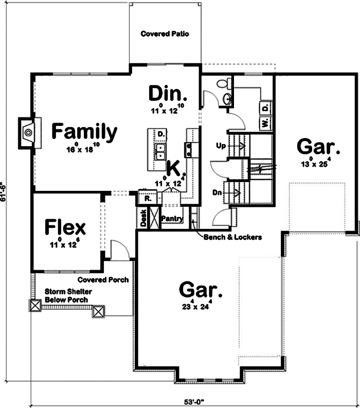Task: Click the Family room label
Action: tap(84, 132)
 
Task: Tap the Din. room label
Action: tap(167, 94)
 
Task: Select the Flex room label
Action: tap(65, 226)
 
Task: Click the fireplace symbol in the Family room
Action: tap(28, 132)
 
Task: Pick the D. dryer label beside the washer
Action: tap(265, 108)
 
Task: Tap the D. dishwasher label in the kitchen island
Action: tap(161, 134)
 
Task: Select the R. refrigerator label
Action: tap(147, 198)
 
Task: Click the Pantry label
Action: tap(172, 219)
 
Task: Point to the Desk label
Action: tap(143, 218)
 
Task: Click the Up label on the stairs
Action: tap(222, 146)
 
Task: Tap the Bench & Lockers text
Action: tap(233, 237)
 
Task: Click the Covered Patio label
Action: tap(165, 34)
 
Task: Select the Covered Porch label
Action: tap(103, 280)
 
